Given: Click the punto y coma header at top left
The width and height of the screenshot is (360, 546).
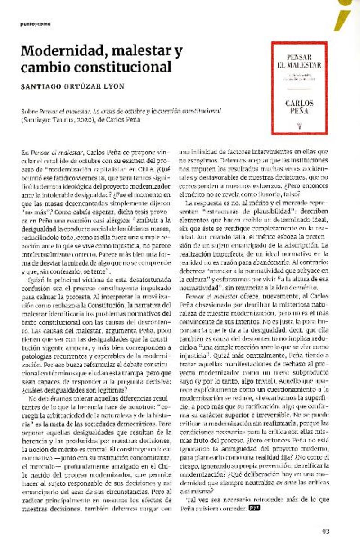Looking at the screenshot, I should [x=35, y=24].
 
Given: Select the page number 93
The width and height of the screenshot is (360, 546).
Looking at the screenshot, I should [x=326, y=531].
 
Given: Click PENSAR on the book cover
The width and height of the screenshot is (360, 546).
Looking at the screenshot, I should [x=299, y=57].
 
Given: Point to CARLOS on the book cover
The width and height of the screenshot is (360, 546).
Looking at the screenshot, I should [x=299, y=103].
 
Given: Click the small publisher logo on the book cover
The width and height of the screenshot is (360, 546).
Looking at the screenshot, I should [x=300, y=126].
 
